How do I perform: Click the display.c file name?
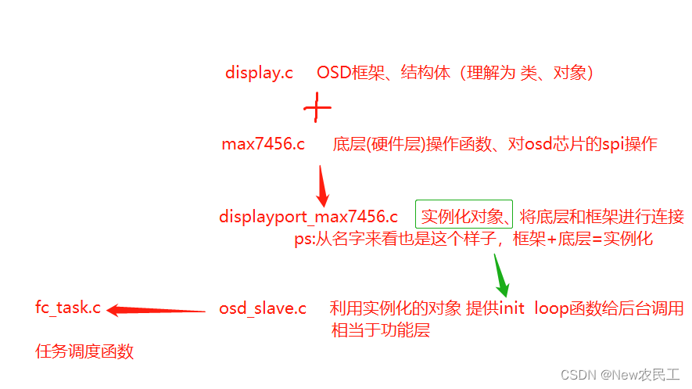tap(259, 74)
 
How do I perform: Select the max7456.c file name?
tap(263, 145)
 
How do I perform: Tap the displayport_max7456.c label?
tap(308, 217)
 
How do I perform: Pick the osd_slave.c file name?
tap(263, 308)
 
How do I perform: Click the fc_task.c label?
tap(68, 308)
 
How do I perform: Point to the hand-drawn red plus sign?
tap(316, 108)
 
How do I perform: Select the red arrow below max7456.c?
tap(321, 185)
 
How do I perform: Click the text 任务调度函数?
tap(84, 351)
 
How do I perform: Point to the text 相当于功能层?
tap(381, 330)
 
